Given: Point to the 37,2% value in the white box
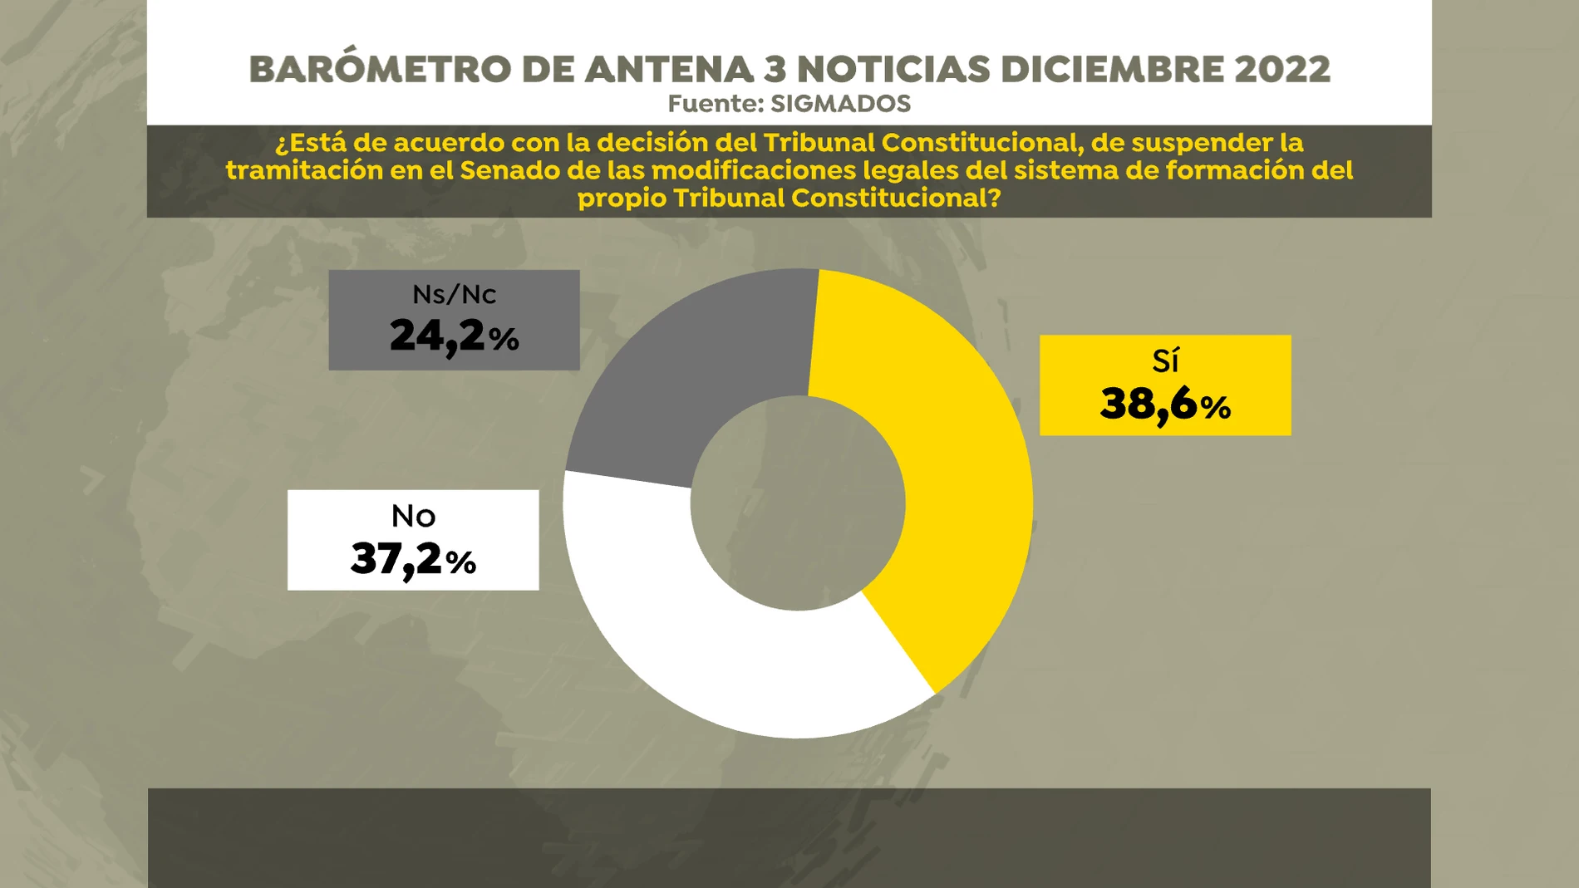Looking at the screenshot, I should [x=413, y=558].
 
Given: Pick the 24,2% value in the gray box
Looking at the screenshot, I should [x=454, y=336].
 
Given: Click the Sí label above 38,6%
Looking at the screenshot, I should [x=1165, y=361].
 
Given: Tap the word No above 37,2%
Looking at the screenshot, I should [x=413, y=517].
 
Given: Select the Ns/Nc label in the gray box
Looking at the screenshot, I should [x=454, y=295].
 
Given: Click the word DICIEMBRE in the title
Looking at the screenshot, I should [x=1112, y=70].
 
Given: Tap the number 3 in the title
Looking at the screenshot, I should [x=775, y=70].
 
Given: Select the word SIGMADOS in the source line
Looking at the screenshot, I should [x=840, y=104].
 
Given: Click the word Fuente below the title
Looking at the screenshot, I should [x=715, y=104].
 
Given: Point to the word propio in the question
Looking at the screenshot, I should [x=621, y=198].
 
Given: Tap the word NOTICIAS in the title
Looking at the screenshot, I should [x=893, y=70].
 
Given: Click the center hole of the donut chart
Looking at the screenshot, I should [x=798, y=503].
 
